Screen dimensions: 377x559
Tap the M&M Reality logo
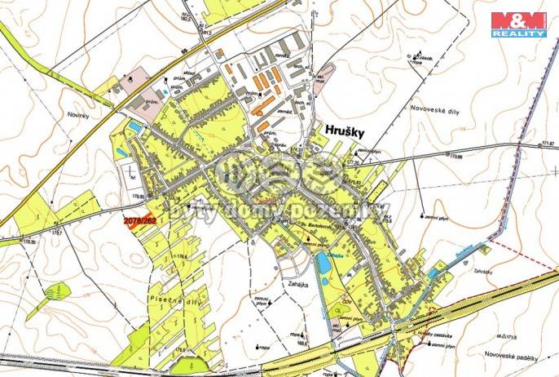pyautogui.click(x=518, y=24)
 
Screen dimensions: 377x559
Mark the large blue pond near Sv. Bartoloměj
pyautogui.click(x=324, y=263)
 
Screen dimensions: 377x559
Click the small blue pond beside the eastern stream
pyautogui.click(x=431, y=276)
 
